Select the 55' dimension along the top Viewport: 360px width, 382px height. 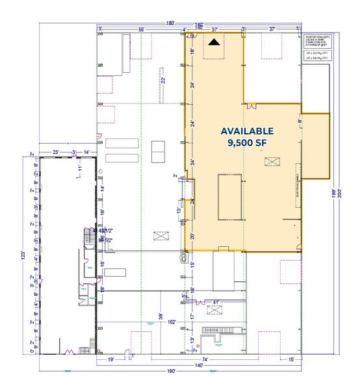(141, 30)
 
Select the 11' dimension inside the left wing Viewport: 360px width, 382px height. (78, 168)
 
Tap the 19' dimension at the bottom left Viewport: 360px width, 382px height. (110, 359)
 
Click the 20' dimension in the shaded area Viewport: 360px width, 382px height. (193, 236)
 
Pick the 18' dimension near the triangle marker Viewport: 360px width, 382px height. (193, 51)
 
